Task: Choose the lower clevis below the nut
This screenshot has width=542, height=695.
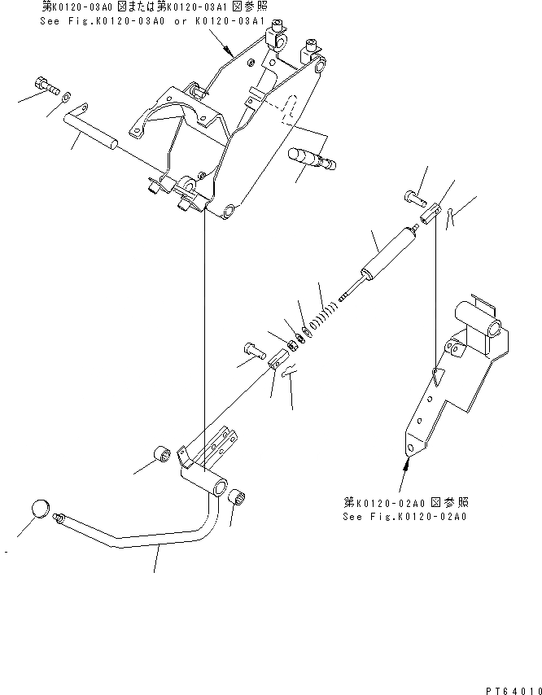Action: tap(278, 358)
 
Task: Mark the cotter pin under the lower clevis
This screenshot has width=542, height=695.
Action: tap(290, 374)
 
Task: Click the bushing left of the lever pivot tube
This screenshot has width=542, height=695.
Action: tap(161, 453)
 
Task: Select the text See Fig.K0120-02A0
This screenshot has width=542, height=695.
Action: tap(406, 516)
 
